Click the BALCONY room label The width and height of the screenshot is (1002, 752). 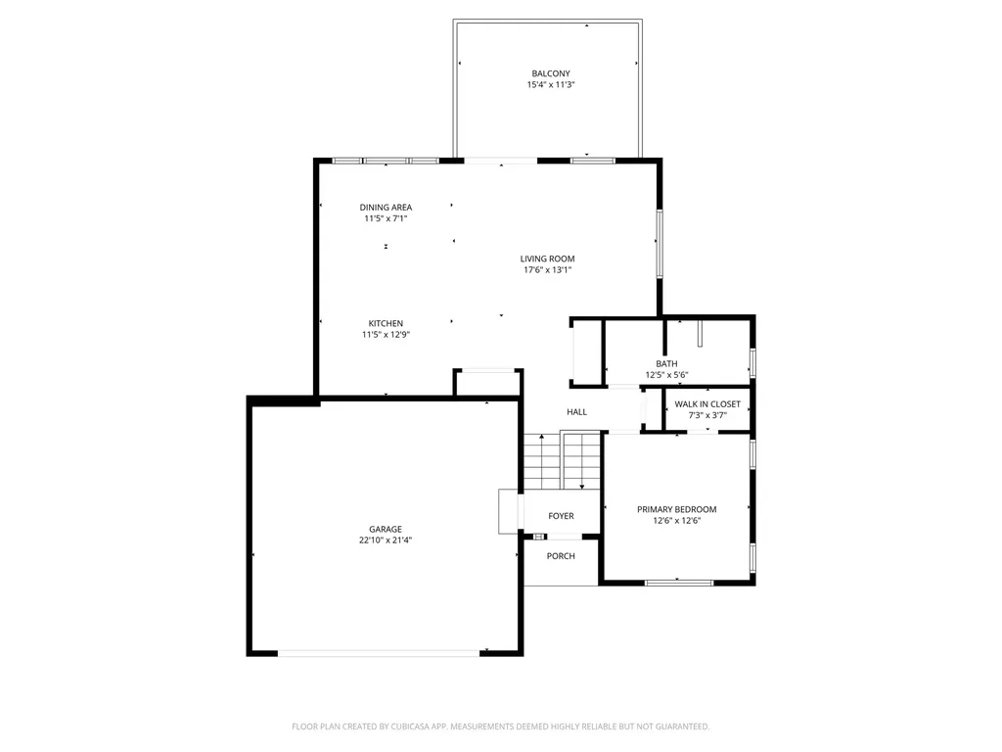551,73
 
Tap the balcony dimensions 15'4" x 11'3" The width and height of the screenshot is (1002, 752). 551,84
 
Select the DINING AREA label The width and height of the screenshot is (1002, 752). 386,208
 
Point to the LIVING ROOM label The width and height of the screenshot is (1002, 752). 547,258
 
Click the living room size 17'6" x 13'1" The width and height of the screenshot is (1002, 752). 548,270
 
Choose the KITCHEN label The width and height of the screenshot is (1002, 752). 386,323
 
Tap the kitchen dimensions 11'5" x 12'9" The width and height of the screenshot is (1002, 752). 386,335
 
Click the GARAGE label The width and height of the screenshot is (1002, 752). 386,529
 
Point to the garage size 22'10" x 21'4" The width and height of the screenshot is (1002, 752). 386,540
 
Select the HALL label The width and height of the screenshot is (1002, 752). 576,412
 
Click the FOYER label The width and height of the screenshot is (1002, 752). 561,516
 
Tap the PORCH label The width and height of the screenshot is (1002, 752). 561,556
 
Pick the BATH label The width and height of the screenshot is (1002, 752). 666,364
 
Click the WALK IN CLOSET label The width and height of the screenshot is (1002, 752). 707,404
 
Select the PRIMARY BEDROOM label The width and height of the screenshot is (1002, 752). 677,509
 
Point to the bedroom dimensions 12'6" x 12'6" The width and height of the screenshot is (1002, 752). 677,521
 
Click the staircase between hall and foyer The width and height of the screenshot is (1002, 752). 563,460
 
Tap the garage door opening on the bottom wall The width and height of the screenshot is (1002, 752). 379,653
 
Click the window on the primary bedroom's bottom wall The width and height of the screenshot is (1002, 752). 679,583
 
